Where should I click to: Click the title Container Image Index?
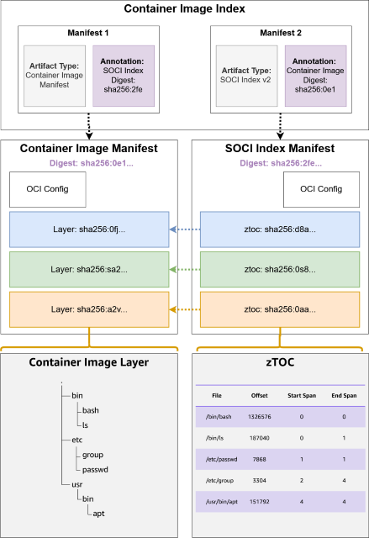pyautogui.click(x=184, y=9)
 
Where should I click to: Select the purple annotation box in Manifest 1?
pyautogui.click(x=123, y=76)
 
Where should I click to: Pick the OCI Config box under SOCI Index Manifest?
pyautogui.click(x=320, y=189)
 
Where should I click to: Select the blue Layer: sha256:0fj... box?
pyautogui.click(x=89, y=229)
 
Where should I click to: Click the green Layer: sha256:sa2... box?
pyautogui.click(x=89, y=270)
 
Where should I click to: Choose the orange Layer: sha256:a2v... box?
pyautogui.click(x=89, y=309)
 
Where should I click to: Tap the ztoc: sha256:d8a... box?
pyautogui.click(x=279, y=229)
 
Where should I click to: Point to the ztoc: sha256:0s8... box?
pyautogui.click(x=279, y=270)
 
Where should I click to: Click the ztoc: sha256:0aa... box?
pyautogui.click(x=279, y=309)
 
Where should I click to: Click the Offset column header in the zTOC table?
pyautogui.click(x=259, y=395)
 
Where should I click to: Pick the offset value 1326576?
pyautogui.click(x=259, y=416)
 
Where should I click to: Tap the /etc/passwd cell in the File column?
pyautogui.click(x=218, y=460)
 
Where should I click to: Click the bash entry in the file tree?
pyautogui.click(x=90, y=410)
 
